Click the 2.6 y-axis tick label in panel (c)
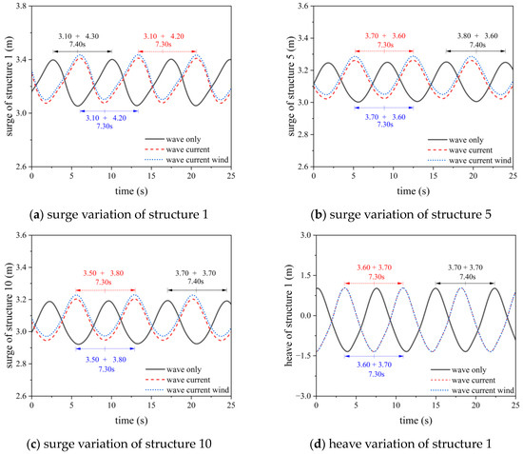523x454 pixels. [20, 393]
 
